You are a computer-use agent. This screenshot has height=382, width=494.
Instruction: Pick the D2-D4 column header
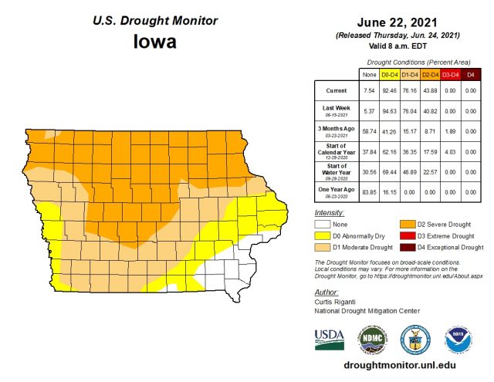tap(430, 74)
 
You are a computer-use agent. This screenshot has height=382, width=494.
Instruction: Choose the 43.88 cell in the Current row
tap(430, 91)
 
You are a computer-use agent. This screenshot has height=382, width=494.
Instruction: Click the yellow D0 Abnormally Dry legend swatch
tap(321, 236)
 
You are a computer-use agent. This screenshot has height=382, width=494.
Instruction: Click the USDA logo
tap(330, 339)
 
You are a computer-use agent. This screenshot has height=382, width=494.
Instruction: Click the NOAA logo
tap(458, 339)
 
